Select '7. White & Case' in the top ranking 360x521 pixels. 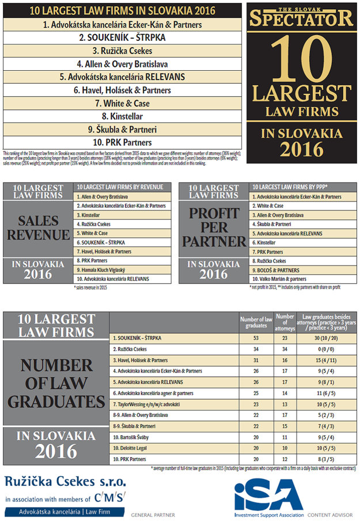[122, 104]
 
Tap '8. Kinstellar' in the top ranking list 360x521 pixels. [122, 116]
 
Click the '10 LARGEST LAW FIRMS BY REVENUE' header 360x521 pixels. [120, 187]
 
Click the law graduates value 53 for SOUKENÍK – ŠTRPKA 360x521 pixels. [255, 338]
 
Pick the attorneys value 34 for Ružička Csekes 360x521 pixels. [285, 349]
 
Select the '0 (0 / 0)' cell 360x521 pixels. [323, 349]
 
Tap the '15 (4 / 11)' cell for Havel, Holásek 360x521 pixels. [323, 360]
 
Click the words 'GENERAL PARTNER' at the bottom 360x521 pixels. [153, 514]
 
